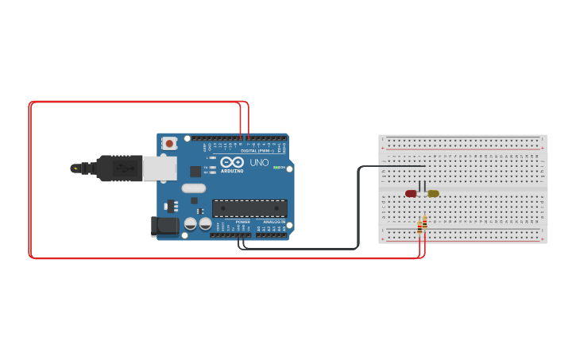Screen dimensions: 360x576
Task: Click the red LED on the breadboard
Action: click(411, 193)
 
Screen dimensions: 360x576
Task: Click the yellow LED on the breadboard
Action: click(433, 193)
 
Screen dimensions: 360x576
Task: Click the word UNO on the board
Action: click(259, 163)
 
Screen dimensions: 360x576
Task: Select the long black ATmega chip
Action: click(249, 208)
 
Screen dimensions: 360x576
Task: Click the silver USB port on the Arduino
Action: click(160, 168)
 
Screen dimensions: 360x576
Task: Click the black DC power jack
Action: click(165, 226)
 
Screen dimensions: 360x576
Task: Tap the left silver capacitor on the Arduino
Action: click(191, 224)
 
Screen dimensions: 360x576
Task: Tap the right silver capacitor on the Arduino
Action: click(205, 224)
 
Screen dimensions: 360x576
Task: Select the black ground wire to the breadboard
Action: click(358, 207)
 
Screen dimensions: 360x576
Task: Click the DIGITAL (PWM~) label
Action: click(257, 150)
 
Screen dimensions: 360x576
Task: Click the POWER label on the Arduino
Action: click(242, 222)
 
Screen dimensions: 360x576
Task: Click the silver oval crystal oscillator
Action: click(193, 188)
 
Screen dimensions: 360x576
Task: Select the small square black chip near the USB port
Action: click(195, 171)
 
